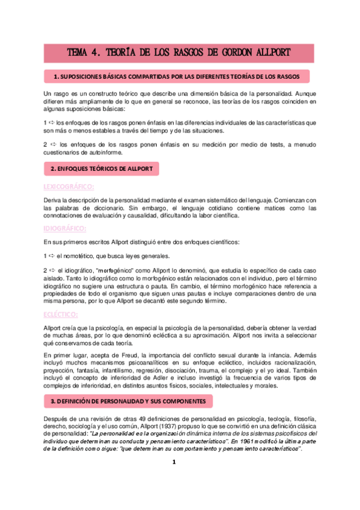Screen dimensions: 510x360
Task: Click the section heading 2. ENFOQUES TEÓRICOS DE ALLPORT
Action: (102, 168)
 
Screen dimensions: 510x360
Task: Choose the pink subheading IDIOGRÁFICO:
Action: (66, 229)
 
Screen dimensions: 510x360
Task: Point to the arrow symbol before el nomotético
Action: (52, 256)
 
